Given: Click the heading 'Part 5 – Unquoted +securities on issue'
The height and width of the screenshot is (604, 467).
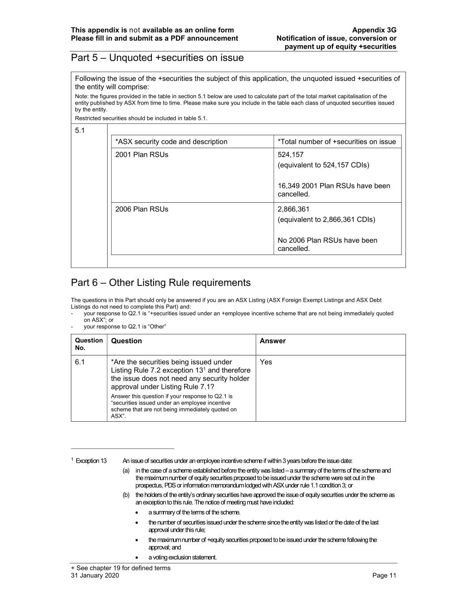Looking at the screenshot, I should pyautogui.click(x=157, y=58).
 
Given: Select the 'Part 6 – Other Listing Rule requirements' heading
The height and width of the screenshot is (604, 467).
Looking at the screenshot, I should pyautogui.click(x=161, y=283).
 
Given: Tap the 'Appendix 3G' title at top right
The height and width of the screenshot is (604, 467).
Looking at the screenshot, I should pyautogui.click(x=374, y=30).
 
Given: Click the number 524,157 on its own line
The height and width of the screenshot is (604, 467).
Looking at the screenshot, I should pyautogui.click(x=290, y=154).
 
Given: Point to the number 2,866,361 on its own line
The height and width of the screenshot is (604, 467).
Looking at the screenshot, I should pyautogui.click(x=293, y=209).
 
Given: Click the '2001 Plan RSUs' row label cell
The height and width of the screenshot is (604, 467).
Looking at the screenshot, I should pyautogui.click(x=142, y=154).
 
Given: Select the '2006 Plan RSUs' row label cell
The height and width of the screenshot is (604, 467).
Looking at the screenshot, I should pyautogui.click(x=142, y=209).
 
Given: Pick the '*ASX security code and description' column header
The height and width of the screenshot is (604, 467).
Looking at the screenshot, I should pyautogui.click(x=171, y=142).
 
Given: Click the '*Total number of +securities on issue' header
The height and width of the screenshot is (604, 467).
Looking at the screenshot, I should pyautogui.click(x=336, y=142).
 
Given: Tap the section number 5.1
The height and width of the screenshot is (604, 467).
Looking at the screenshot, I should pyautogui.click(x=80, y=131).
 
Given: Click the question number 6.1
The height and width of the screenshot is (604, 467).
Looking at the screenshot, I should pyautogui.click(x=80, y=362).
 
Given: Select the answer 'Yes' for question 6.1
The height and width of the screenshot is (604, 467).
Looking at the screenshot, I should pyautogui.click(x=266, y=362).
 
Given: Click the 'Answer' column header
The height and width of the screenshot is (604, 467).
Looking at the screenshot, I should pyautogui.click(x=272, y=341).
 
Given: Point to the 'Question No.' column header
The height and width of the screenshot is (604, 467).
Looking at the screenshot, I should pyautogui.click(x=89, y=344).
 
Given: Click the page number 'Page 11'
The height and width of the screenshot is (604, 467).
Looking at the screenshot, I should pyautogui.click(x=384, y=575).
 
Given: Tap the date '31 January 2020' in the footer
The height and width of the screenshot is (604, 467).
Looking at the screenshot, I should pyautogui.click(x=95, y=575).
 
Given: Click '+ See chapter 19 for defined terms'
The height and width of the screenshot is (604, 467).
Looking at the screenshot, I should pyautogui.click(x=120, y=568).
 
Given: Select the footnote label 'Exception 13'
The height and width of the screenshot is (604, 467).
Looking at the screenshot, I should pyautogui.click(x=91, y=461).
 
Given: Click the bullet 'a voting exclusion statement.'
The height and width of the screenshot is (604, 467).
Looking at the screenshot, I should pyautogui.click(x=182, y=557).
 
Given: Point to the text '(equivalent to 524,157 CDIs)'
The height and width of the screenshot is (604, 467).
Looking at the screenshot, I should pyautogui.click(x=323, y=165).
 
